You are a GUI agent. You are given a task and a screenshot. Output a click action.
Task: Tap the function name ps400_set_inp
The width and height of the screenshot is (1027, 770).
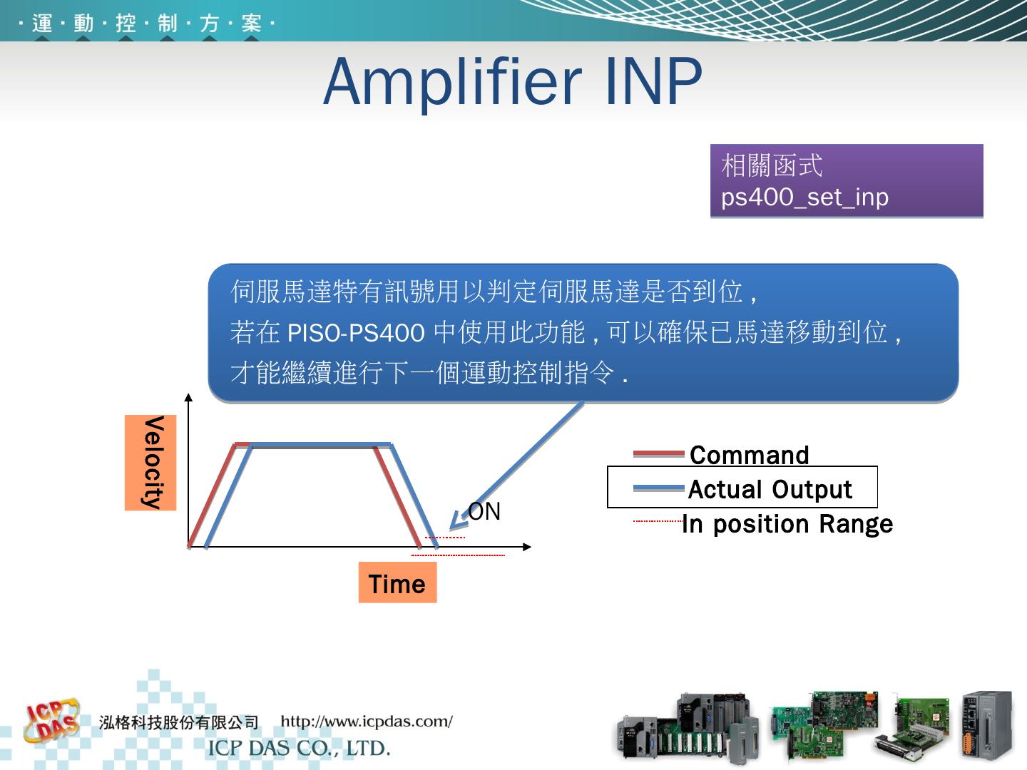(804, 197)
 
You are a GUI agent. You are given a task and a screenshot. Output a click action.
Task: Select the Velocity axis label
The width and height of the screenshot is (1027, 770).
(150, 462)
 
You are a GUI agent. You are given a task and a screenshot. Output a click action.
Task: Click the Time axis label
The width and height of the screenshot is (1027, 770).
(397, 584)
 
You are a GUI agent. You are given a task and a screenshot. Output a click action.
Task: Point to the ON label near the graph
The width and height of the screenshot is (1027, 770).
(484, 511)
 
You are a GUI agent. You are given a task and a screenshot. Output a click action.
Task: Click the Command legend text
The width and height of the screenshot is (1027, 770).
(749, 455)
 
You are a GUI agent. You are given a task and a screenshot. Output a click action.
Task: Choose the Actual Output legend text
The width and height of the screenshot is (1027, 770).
(770, 489)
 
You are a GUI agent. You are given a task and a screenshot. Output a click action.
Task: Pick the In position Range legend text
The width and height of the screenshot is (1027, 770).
(787, 524)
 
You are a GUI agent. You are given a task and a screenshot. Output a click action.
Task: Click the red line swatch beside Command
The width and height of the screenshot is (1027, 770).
(658, 453)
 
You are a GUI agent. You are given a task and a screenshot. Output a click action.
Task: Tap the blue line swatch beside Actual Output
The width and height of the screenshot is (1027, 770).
(658, 488)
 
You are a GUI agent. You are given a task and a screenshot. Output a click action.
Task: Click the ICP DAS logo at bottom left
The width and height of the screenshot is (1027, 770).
(51, 720)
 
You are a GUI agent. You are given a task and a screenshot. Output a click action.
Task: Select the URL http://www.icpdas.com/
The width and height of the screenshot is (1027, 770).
(367, 721)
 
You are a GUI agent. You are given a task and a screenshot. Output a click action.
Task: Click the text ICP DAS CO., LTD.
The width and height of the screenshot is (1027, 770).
(299, 749)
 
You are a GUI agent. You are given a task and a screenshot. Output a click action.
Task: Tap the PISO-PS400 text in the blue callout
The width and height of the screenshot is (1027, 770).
(356, 332)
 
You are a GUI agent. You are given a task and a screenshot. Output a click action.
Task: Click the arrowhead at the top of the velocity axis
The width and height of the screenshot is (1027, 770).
(188, 397)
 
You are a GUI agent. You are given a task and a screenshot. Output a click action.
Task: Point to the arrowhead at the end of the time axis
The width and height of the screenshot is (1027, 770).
(527, 547)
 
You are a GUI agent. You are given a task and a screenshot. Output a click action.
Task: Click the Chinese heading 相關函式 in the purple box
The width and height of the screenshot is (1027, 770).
(772, 165)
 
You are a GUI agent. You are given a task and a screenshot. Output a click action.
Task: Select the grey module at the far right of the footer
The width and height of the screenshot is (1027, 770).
(986, 726)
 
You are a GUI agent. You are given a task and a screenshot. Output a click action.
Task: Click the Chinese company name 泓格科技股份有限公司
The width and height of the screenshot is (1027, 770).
(179, 722)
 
